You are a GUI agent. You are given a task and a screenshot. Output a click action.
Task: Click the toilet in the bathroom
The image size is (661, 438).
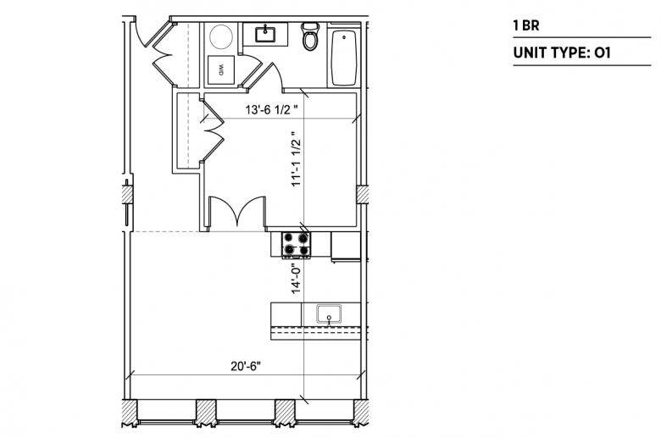pyautogui.click(x=310, y=36)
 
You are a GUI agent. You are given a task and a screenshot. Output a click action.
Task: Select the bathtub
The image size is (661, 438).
pyautogui.click(x=344, y=58)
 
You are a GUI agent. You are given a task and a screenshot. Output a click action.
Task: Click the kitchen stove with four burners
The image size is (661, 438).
pyautogui.click(x=296, y=245)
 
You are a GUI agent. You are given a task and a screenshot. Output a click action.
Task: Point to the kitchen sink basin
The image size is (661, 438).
pyautogui.click(x=329, y=314)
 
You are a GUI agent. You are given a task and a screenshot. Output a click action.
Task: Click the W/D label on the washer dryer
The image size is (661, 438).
pyautogui.click(x=220, y=70)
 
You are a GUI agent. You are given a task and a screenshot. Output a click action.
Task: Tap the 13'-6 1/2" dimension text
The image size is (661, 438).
pyautogui.click(x=271, y=110)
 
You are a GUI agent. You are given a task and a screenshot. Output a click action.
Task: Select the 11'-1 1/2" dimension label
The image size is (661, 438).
pyautogui.click(x=297, y=158)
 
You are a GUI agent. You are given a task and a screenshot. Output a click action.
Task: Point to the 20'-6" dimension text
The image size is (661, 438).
pyautogui.click(x=246, y=366)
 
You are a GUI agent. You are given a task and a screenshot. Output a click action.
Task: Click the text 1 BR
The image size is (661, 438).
pyautogui.click(x=526, y=25)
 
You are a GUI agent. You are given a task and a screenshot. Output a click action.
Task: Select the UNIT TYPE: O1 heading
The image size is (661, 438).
pyautogui.click(x=562, y=53)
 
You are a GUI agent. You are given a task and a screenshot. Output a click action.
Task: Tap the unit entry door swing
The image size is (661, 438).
pyautogui.click(x=146, y=31)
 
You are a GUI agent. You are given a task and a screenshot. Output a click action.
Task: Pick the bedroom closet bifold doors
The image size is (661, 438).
pyautogui.click(x=213, y=130)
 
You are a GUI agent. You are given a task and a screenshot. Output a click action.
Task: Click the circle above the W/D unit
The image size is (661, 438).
pyautogui.click(x=221, y=36)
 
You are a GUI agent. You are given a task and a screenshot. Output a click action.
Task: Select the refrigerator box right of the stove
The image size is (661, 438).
pyautogui.click(x=346, y=245)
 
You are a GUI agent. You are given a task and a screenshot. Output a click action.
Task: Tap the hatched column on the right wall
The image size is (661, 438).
pyautogui.click(x=362, y=195)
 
